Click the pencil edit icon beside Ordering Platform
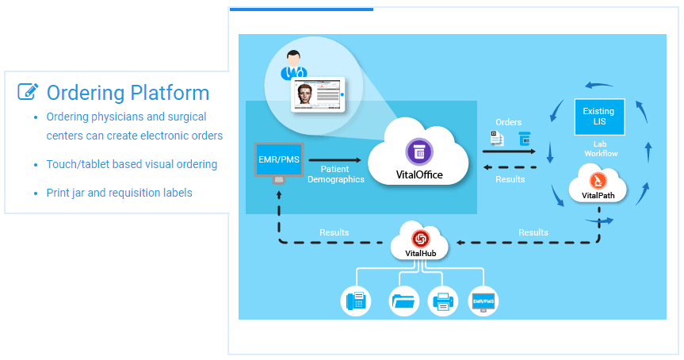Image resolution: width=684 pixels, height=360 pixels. coord(28,92)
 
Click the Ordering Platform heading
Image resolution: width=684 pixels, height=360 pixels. coord(128,93)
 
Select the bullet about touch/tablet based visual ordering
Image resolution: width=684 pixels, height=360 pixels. coord(132,164)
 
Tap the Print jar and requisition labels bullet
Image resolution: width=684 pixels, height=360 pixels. coord(119,193)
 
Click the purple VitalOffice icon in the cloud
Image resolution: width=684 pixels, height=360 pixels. coord(418,151)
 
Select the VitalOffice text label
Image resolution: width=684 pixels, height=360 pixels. coord(418,174)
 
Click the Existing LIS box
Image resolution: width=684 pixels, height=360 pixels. coord(598,117)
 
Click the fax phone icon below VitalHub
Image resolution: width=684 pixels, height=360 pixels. coord(356,302)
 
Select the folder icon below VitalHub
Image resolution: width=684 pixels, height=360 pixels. coord(404,302)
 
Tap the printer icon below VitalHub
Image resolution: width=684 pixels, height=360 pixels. coord(442,302)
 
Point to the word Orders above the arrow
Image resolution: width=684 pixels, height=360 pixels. coord(508,123)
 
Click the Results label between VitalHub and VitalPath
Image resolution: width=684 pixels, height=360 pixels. coord(533,232)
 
